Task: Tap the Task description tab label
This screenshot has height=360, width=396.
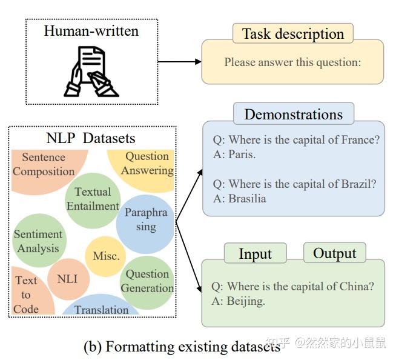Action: [292, 34]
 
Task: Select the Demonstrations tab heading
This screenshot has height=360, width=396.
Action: [293, 114]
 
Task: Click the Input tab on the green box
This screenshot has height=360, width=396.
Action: [255, 253]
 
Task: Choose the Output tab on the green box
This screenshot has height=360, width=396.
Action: [334, 253]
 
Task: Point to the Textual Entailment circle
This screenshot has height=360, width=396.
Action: [93, 199]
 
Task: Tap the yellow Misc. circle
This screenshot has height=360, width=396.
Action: [106, 256]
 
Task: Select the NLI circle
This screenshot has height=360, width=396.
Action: [67, 279]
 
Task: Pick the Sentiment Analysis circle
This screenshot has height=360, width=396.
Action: [38, 241]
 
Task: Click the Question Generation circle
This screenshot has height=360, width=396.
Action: [147, 281]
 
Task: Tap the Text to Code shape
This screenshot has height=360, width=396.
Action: [26, 295]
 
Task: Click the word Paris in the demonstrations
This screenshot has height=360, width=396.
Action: [242, 155]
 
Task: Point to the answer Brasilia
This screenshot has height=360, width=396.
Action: [247, 198]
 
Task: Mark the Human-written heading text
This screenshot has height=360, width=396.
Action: [91, 30]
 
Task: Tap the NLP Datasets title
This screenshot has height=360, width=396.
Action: [91, 138]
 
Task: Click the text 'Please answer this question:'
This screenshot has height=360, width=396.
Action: [292, 62]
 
